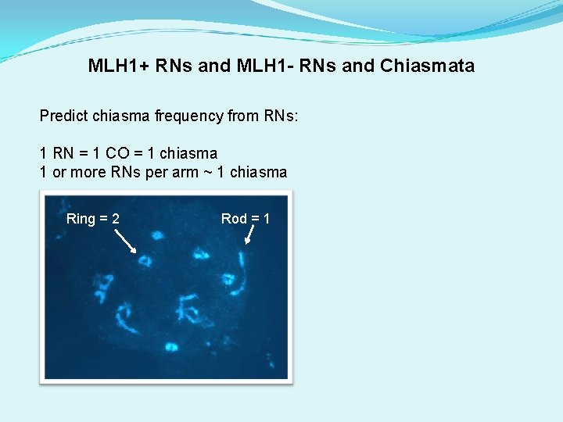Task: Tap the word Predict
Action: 64,116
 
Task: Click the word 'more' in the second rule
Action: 86,172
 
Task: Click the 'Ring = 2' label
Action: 93,219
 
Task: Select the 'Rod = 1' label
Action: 246,219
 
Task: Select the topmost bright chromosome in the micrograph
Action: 157,234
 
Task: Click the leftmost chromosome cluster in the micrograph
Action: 101,287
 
